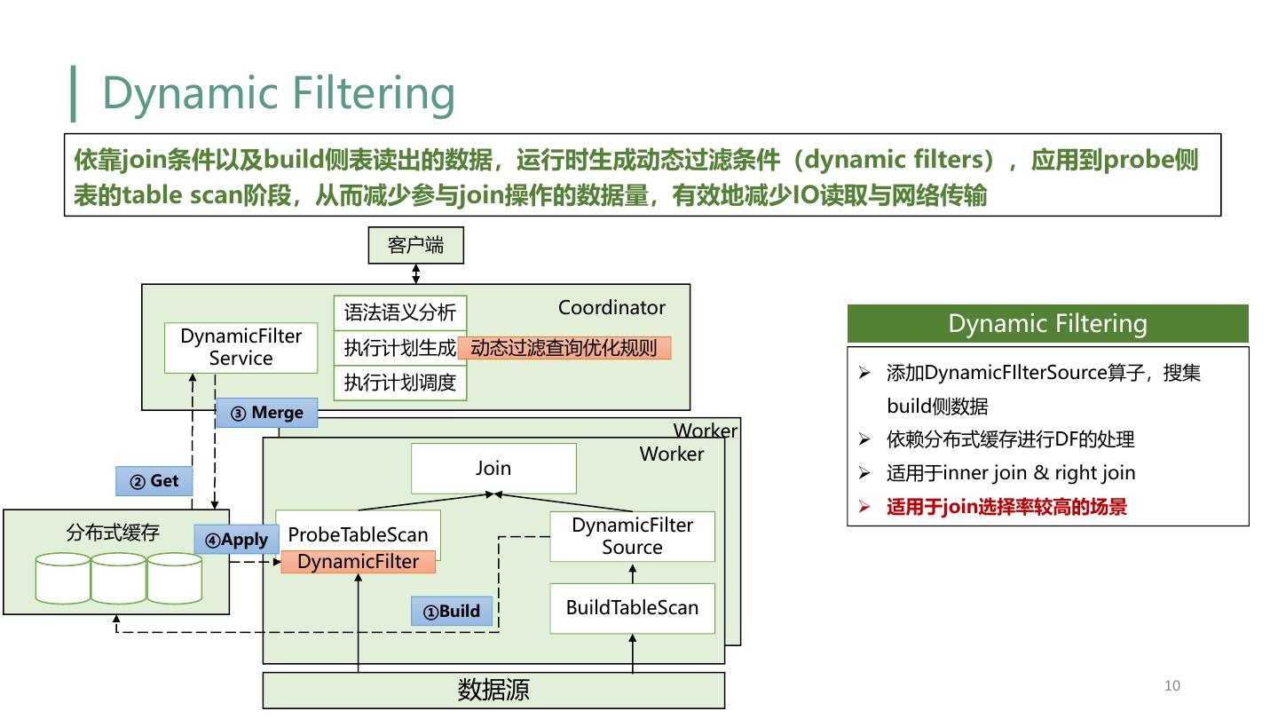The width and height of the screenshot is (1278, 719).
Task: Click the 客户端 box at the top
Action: point(415,246)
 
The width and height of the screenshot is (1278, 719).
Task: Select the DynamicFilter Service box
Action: point(241,347)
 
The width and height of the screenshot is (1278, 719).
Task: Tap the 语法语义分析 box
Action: point(399,312)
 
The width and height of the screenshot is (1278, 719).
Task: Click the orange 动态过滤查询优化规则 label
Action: point(564,348)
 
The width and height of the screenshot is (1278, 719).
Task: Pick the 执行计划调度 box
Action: point(399,383)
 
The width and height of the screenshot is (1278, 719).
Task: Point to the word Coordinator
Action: point(611,308)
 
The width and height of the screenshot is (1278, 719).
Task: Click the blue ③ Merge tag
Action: point(266,413)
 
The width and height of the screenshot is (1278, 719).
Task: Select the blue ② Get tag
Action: point(154,481)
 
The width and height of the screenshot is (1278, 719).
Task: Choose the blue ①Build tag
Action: point(451,611)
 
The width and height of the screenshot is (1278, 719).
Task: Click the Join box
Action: point(493,468)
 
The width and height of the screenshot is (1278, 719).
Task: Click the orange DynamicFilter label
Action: point(358,562)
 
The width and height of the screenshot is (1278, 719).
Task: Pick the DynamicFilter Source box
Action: point(632,536)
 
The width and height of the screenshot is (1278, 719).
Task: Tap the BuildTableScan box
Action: point(632,608)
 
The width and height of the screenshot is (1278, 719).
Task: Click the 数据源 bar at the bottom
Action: point(493,690)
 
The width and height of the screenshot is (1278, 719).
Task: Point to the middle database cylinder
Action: point(118,578)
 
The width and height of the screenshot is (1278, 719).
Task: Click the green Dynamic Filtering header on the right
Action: point(1047,324)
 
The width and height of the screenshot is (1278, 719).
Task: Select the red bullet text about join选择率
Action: point(1006,507)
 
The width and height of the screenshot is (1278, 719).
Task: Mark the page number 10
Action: point(1171,685)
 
